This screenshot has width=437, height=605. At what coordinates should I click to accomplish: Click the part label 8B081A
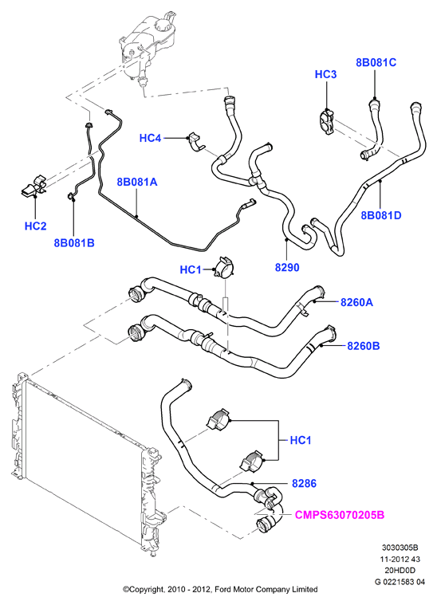click(137, 182)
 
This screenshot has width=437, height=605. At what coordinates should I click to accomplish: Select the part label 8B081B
click(74, 242)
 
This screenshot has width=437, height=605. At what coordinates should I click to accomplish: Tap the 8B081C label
click(376, 62)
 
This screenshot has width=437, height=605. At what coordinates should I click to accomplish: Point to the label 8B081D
click(381, 215)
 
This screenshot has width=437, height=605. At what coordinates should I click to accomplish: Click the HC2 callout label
click(36, 226)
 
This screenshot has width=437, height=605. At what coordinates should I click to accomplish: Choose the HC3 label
click(326, 74)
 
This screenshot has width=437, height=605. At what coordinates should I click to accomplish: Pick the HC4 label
click(150, 138)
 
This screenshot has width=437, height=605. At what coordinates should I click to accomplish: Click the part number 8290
click(287, 267)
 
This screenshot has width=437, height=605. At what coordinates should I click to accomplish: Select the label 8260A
click(356, 302)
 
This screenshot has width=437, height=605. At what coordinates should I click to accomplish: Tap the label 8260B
click(364, 346)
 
